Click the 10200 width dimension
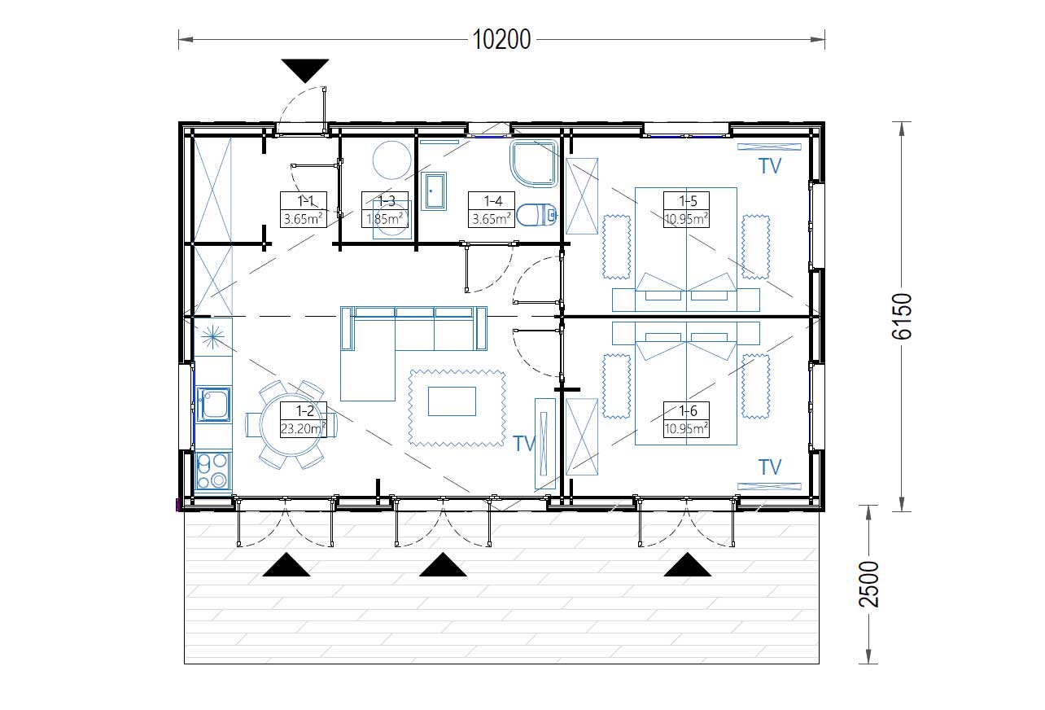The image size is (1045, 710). point(501,40)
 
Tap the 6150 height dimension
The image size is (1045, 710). point(901,316)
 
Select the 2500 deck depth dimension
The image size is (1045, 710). point(868,585)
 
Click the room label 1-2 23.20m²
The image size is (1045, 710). point(304,419)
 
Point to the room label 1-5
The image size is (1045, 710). point(686,209)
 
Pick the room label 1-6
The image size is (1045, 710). point(686,419)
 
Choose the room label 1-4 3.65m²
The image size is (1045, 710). point(492,209)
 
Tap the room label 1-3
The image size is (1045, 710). point(385,209)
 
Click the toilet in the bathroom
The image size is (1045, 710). point(537,215)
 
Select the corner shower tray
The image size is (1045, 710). point(534,164)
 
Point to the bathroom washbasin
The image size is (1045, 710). point(434,191)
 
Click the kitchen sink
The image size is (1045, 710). point(213,404)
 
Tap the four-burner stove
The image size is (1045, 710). point(212,471)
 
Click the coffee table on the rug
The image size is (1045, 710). point(452,401)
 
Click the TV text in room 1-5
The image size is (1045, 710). point(770,166)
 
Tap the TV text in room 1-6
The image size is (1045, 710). point(770,467)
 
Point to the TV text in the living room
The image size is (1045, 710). point(524,444)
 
